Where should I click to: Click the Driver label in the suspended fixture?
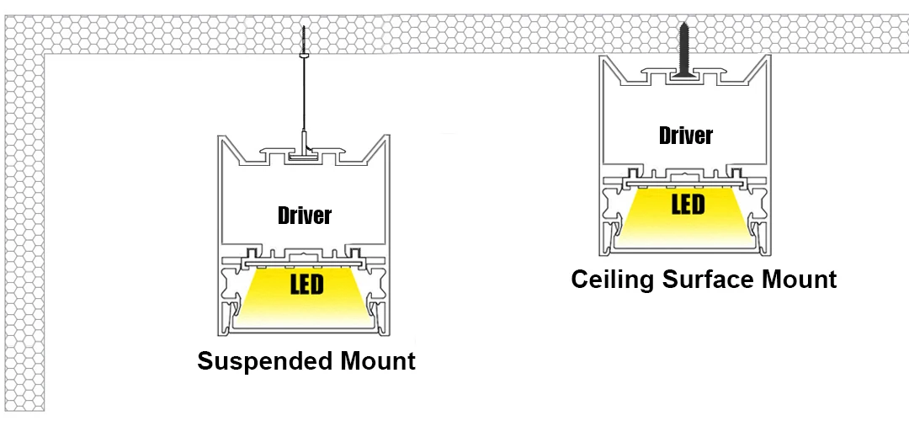click(305, 216)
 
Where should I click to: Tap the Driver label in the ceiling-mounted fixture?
click(686, 136)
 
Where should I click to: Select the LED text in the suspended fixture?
click(306, 285)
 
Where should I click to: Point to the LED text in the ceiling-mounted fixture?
click(688, 205)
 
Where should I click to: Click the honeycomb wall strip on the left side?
click(23, 236)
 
